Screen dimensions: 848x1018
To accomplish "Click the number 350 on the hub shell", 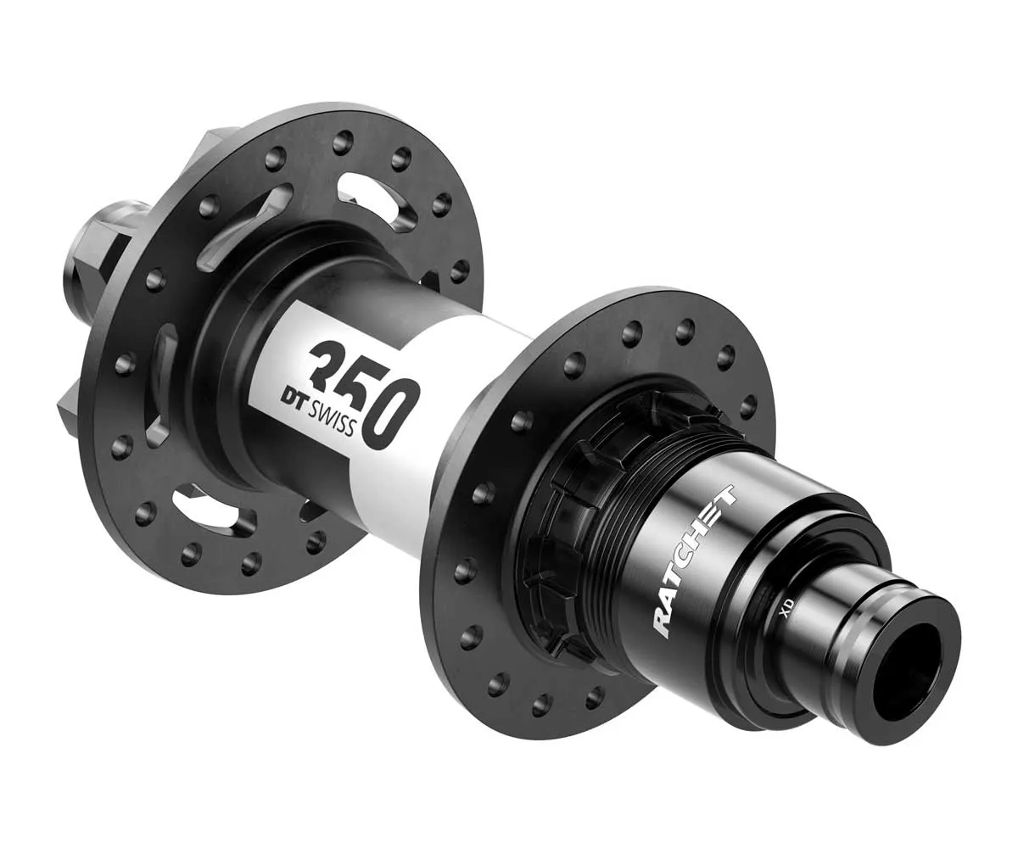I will (x=365, y=386).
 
